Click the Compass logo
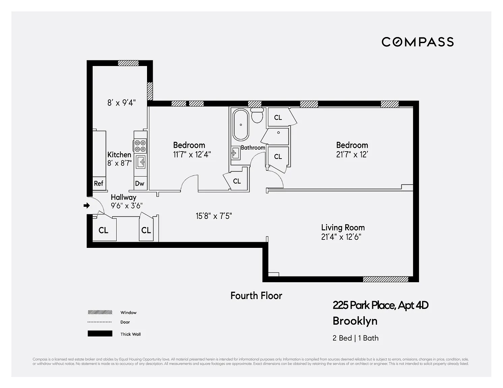417,42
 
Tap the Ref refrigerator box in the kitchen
99,184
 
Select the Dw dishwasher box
140,184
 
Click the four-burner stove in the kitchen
140,146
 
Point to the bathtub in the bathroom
241,125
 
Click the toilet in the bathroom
257,116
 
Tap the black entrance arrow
87,205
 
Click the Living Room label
343,228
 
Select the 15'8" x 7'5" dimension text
214,216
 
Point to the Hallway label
123,197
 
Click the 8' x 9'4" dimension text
121,102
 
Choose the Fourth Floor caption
256,296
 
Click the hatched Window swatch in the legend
100,313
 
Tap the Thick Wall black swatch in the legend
100,333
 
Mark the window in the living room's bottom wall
385,279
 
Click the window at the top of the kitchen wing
128,63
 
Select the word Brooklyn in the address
355,321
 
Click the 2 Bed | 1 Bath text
356,338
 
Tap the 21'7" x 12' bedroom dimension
352,155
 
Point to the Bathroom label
253,148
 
